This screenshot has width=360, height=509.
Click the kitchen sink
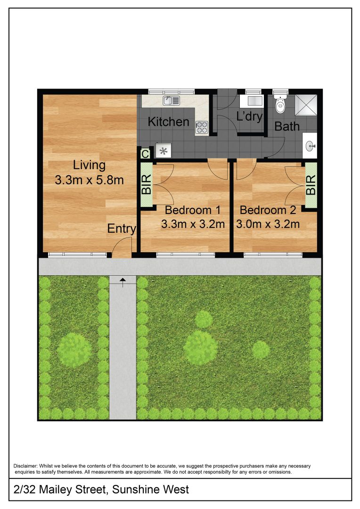(x=172, y=101)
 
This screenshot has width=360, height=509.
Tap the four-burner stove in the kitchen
(x=202, y=127)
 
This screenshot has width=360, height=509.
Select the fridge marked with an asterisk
(x=163, y=151)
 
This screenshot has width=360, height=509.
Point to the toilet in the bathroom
(x=279, y=104)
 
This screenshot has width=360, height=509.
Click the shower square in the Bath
(x=306, y=105)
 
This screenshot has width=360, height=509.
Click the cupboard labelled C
(x=145, y=153)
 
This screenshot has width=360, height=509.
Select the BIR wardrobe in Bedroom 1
(x=147, y=184)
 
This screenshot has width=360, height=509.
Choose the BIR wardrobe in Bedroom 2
(x=311, y=185)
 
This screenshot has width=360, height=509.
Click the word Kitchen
(x=168, y=122)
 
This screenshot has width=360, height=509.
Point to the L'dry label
(x=249, y=116)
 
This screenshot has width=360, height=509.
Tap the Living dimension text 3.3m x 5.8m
(x=89, y=180)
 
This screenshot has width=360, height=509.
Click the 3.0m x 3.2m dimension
(x=268, y=224)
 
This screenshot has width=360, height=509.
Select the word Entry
(x=122, y=229)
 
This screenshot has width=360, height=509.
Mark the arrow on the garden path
(x=123, y=282)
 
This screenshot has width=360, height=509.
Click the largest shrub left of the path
(x=74, y=350)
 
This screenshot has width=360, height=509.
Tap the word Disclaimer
(x=25, y=466)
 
